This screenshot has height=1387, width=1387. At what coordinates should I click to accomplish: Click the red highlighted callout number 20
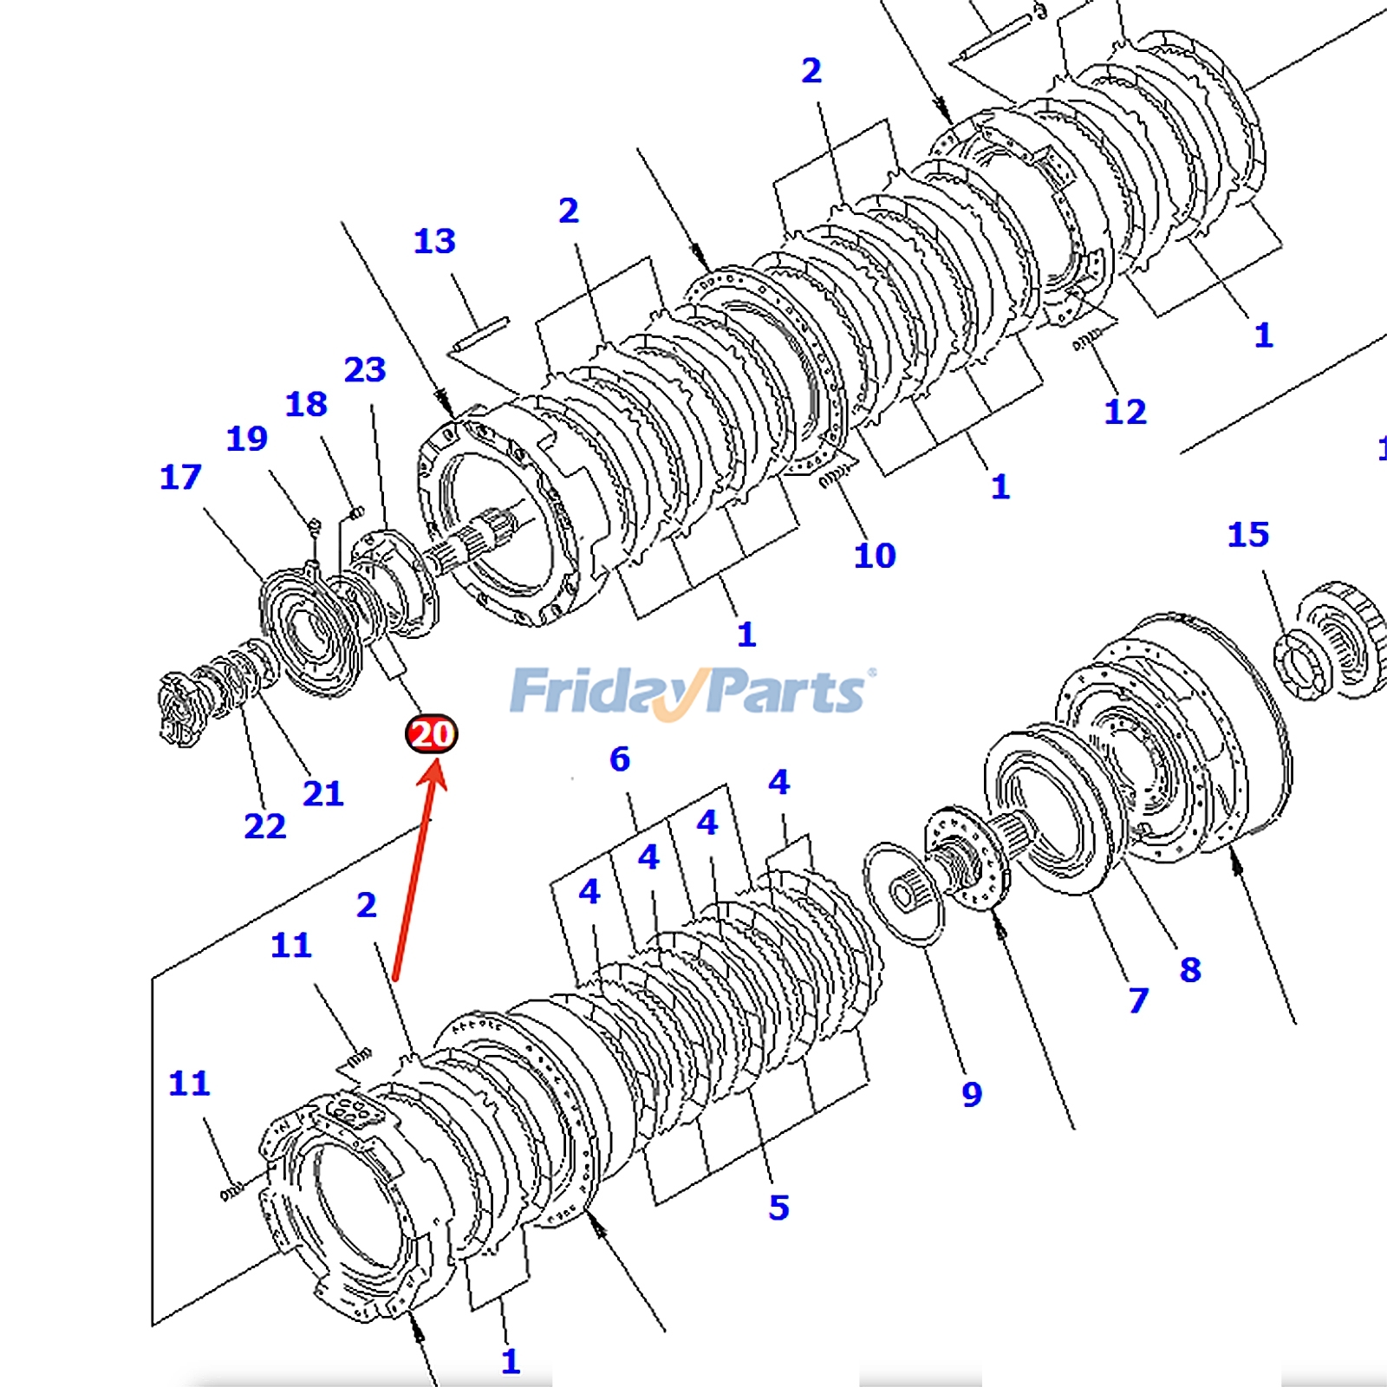tap(431, 734)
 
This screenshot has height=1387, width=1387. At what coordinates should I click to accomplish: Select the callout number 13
tap(434, 241)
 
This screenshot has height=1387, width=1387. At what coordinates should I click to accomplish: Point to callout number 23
tap(365, 370)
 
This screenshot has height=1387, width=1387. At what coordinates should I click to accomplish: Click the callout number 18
tap(306, 404)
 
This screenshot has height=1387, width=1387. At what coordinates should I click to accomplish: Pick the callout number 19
tap(247, 439)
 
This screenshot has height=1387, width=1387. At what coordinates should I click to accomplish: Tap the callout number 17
tap(180, 477)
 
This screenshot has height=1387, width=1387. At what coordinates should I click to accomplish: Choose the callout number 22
tap(264, 826)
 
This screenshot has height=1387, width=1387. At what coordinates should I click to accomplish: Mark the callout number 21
tap(322, 793)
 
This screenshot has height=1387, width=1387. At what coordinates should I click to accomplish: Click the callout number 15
tap(1247, 535)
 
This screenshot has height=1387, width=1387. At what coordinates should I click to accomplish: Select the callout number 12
tap(1124, 412)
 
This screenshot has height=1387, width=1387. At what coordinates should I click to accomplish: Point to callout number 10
tap(874, 556)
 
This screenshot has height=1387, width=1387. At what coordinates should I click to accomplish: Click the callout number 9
tap(972, 1094)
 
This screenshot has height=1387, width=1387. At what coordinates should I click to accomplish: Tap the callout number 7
tap(1138, 1000)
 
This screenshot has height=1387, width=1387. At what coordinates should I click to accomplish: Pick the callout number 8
tap(1190, 969)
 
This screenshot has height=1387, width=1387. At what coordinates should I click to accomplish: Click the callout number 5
tap(778, 1208)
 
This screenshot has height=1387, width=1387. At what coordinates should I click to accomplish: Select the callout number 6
tap(619, 759)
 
